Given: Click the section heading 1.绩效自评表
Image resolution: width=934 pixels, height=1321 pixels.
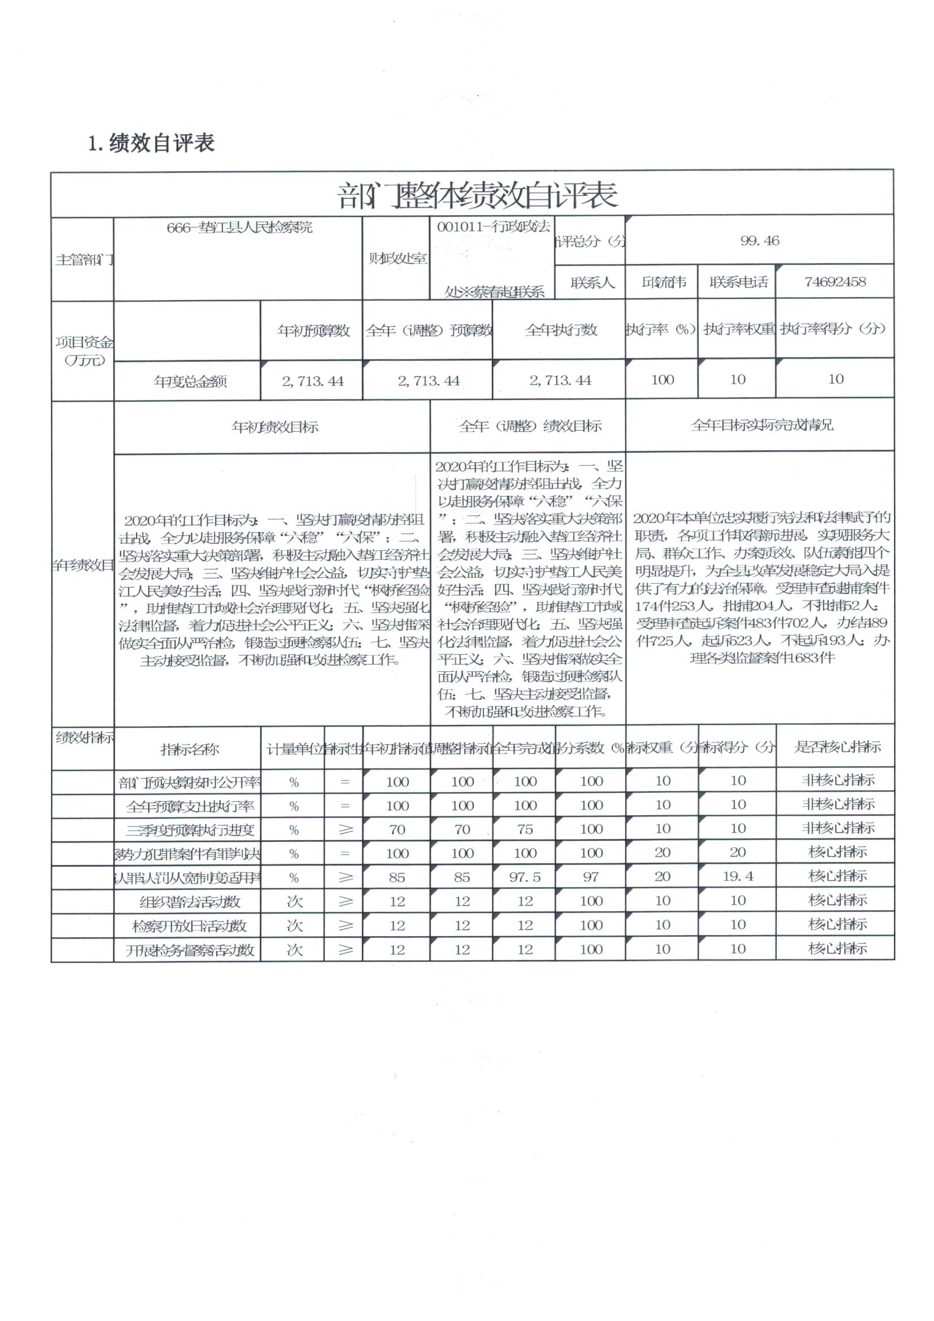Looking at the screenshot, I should [x=151, y=144].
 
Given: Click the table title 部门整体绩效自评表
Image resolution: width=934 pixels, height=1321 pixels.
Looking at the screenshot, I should [x=477, y=195].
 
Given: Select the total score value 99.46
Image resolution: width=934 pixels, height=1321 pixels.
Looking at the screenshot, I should [x=759, y=241].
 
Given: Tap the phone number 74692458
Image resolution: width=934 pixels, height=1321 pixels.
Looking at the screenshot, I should [x=835, y=282].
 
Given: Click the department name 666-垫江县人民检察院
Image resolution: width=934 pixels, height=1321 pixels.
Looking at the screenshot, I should [x=240, y=227].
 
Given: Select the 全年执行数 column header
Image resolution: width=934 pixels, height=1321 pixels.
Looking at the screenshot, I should [x=561, y=330].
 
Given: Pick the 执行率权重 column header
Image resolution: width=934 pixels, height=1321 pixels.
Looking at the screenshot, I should [x=738, y=329].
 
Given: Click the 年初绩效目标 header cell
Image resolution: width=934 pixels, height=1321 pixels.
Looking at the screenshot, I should [x=275, y=427].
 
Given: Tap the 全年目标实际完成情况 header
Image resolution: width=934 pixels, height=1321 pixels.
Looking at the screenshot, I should [x=761, y=425].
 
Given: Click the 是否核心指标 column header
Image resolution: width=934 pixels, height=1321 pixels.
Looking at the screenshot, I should [x=837, y=748].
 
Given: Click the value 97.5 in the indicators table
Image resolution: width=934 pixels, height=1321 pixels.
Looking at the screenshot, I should [x=525, y=877].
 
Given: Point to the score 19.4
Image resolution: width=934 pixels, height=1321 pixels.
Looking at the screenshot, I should [x=738, y=877].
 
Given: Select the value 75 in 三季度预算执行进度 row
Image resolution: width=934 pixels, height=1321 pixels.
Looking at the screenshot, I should [x=525, y=829].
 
